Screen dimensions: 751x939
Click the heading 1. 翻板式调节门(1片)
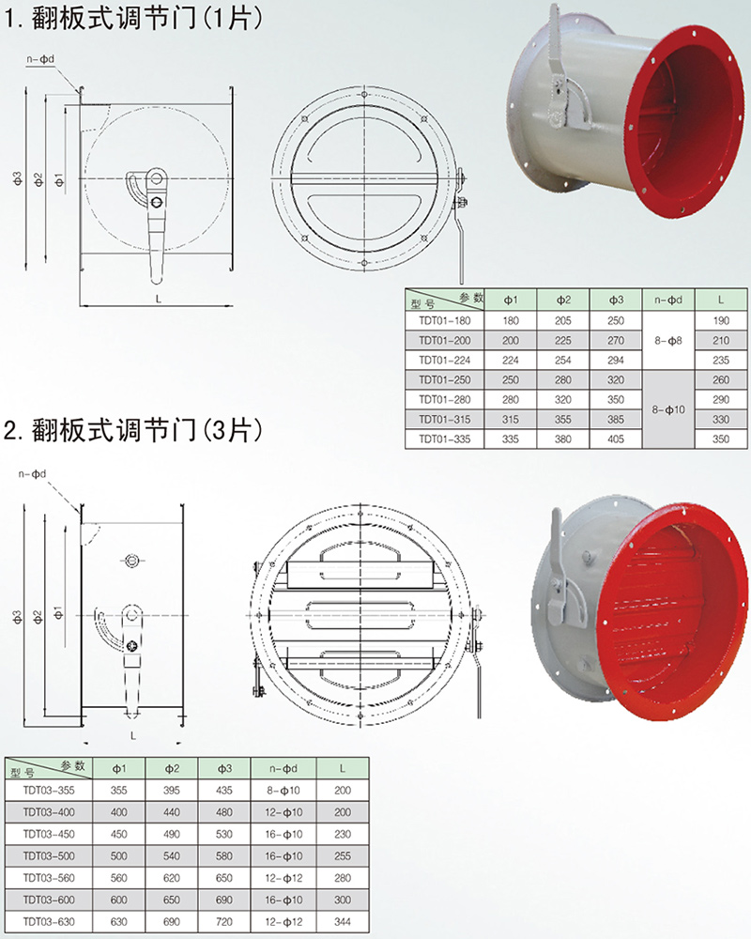(x=134, y=17)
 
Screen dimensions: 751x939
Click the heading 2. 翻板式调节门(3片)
(x=134, y=429)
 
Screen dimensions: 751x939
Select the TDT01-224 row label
(x=444, y=360)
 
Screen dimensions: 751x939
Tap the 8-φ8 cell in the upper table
(x=668, y=340)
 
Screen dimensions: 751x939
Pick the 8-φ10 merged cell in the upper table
(x=668, y=409)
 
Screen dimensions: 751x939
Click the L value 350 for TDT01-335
(x=721, y=439)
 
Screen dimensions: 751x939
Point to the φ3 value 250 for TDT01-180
(x=616, y=320)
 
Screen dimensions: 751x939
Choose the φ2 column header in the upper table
(x=563, y=300)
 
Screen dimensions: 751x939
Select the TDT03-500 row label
(x=49, y=855)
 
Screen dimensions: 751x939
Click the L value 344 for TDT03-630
(x=343, y=922)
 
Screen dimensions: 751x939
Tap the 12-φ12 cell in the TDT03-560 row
(x=284, y=878)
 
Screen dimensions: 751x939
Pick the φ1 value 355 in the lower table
(x=118, y=791)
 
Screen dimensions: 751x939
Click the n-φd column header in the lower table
(x=284, y=768)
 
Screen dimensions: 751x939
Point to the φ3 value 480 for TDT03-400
(x=224, y=812)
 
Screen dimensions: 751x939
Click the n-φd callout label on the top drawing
(x=40, y=59)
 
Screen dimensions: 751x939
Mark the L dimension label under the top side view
(x=158, y=299)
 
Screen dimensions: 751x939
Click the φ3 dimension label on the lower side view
(x=17, y=617)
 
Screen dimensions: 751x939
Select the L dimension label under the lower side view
(x=133, y=735)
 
